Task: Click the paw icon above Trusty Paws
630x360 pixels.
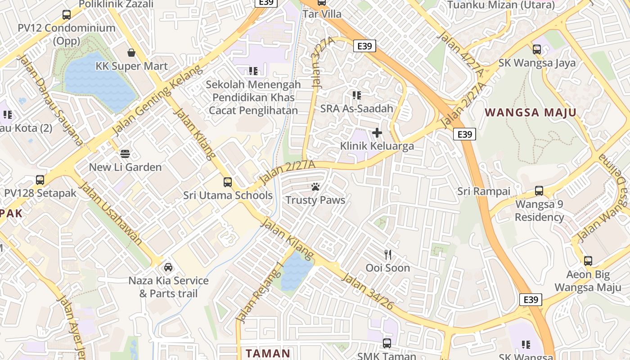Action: [315, 187]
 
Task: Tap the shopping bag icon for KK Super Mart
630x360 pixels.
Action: [131, 53]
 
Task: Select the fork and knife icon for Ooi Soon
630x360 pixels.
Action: [388, 255]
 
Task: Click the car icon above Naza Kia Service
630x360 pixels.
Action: [168, 267]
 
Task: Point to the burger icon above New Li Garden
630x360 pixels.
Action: [125, 154]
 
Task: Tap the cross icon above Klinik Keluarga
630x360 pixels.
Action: [377, 133]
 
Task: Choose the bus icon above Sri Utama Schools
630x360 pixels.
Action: [228, 182]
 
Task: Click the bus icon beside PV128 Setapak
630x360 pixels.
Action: [40, 180]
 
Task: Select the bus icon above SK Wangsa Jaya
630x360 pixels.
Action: [537, 49]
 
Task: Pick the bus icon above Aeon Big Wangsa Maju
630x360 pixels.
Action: [588, 261]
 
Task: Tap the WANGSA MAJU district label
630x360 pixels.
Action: [531, 112]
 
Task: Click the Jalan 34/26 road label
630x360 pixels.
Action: [368, 291]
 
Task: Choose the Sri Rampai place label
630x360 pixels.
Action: [484, 191]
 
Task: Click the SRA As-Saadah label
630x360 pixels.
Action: [357, 108]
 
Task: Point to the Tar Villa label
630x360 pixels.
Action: [322, 14]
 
